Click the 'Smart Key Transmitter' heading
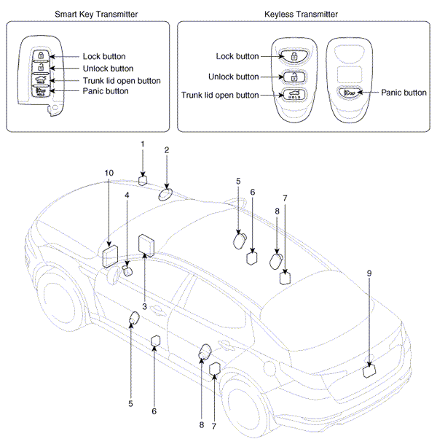point(96,15)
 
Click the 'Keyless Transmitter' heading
point(301,15)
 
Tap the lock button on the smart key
point(41,55)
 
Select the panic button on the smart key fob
point(41,91)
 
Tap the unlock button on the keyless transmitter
point(294,77)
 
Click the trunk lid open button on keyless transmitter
point(294,94)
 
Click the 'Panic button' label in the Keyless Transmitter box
point(403,93)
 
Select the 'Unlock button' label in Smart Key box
point(109,69)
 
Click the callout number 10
point(109,173)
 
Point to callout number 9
point(369,273)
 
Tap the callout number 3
point(144,307)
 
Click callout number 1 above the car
point(143,144)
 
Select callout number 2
point(167,150)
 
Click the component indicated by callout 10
point(110,256)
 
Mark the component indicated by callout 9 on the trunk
point(369,372)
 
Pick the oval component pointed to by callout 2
point(165,195)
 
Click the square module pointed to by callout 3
point(146,245)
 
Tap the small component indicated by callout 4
point(127,271)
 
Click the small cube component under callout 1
point(143,181)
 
